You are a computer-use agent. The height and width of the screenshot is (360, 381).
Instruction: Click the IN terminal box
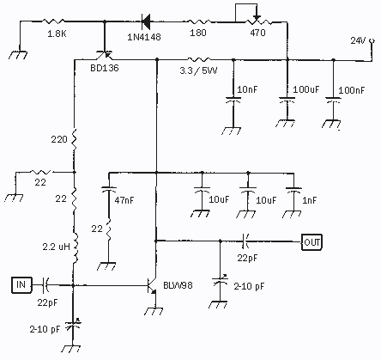[x=21, y=285]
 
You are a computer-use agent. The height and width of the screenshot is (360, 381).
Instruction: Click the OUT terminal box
[x=311, y=242]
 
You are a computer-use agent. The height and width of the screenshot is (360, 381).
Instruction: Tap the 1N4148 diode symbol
[x=146, y=21]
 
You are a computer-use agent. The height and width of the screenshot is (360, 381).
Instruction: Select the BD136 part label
[x=105, y=68]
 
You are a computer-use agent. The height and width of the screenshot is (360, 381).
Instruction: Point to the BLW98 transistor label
[x=178, y=285]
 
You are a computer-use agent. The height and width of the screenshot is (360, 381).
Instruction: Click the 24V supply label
[x=358, y=40]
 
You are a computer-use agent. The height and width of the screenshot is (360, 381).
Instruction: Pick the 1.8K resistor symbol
[x=53, y=21]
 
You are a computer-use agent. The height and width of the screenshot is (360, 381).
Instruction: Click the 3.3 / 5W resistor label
[x=198, y=70]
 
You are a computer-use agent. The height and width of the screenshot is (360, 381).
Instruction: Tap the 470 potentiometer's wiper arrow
[x=257, y=17]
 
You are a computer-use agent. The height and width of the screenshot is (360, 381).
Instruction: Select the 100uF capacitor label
[x=306, y=89]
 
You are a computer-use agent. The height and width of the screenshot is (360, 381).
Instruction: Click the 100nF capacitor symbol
[x=333, y=101]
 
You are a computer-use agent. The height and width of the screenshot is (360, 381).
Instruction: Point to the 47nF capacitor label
[x=124, y=200]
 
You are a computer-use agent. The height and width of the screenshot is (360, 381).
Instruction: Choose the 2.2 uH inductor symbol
[x=76, y=248]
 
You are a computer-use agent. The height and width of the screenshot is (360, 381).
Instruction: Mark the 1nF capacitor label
[x=310, y=200]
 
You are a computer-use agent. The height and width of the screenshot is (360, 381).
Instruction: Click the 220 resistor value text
[x=59, y=139]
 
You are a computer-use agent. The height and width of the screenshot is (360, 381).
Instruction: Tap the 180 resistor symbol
[x=198, y=21]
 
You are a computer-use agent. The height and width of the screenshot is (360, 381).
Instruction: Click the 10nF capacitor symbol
[x=233, y=101]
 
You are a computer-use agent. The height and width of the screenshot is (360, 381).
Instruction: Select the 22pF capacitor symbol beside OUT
[x=245, y=241]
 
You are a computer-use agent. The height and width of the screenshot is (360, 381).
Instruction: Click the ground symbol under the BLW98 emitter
[x=155, y=311]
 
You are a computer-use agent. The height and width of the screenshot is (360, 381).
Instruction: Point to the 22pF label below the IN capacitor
[x=47, y=302]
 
